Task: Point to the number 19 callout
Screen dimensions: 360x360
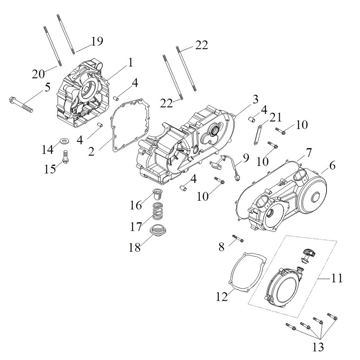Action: (97, 41)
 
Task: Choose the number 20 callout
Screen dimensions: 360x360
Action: (38, 74)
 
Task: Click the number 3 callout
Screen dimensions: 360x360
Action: (255, 99)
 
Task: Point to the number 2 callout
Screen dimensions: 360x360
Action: (91, 152)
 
